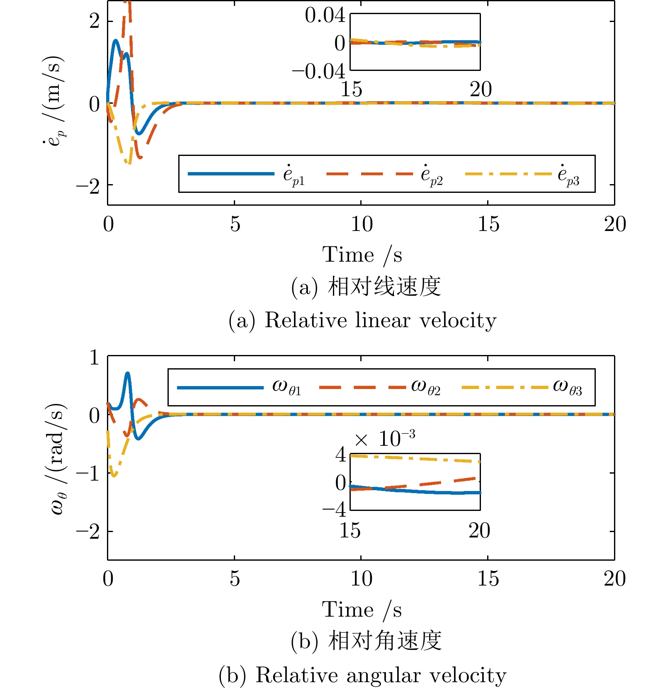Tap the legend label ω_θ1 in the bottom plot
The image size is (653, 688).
286,388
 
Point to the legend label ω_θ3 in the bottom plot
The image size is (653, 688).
568,388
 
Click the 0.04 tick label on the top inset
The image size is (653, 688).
325,16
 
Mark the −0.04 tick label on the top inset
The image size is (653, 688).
318,72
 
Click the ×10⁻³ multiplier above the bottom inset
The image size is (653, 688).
384,439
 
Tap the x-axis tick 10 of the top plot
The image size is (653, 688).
362,224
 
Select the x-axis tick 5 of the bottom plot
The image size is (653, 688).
235,579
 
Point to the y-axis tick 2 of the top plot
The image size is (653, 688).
95,21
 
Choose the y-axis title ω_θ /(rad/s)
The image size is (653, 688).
58,458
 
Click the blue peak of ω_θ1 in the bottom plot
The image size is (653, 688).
128,373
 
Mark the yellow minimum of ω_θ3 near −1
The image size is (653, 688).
114,476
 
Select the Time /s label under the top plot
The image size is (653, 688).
362,255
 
